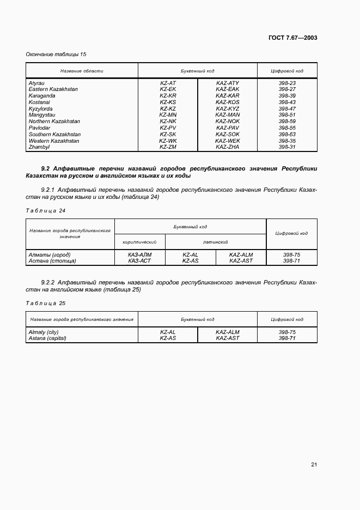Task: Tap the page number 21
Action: point(314,464)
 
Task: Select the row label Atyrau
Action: point(36,83)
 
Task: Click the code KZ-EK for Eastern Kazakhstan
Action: point(168,89)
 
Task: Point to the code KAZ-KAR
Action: point(227,96)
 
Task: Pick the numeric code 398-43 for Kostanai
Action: point(287,102)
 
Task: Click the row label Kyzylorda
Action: point(41,108)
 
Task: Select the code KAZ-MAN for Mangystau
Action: point(227,115)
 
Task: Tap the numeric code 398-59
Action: point(287,122)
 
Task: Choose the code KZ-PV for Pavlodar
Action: point(168,128)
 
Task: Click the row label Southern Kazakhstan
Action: point(54,135)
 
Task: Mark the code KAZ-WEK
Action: point(227,141)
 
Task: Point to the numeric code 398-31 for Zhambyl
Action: point(287,147)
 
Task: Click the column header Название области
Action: point(82,71)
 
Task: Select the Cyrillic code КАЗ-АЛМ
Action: point(139,254)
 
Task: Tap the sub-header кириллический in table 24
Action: point(139,241)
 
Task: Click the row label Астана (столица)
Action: point(52,261)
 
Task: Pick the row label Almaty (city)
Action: point(43,332)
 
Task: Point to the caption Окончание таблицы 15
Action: point(56,54)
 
